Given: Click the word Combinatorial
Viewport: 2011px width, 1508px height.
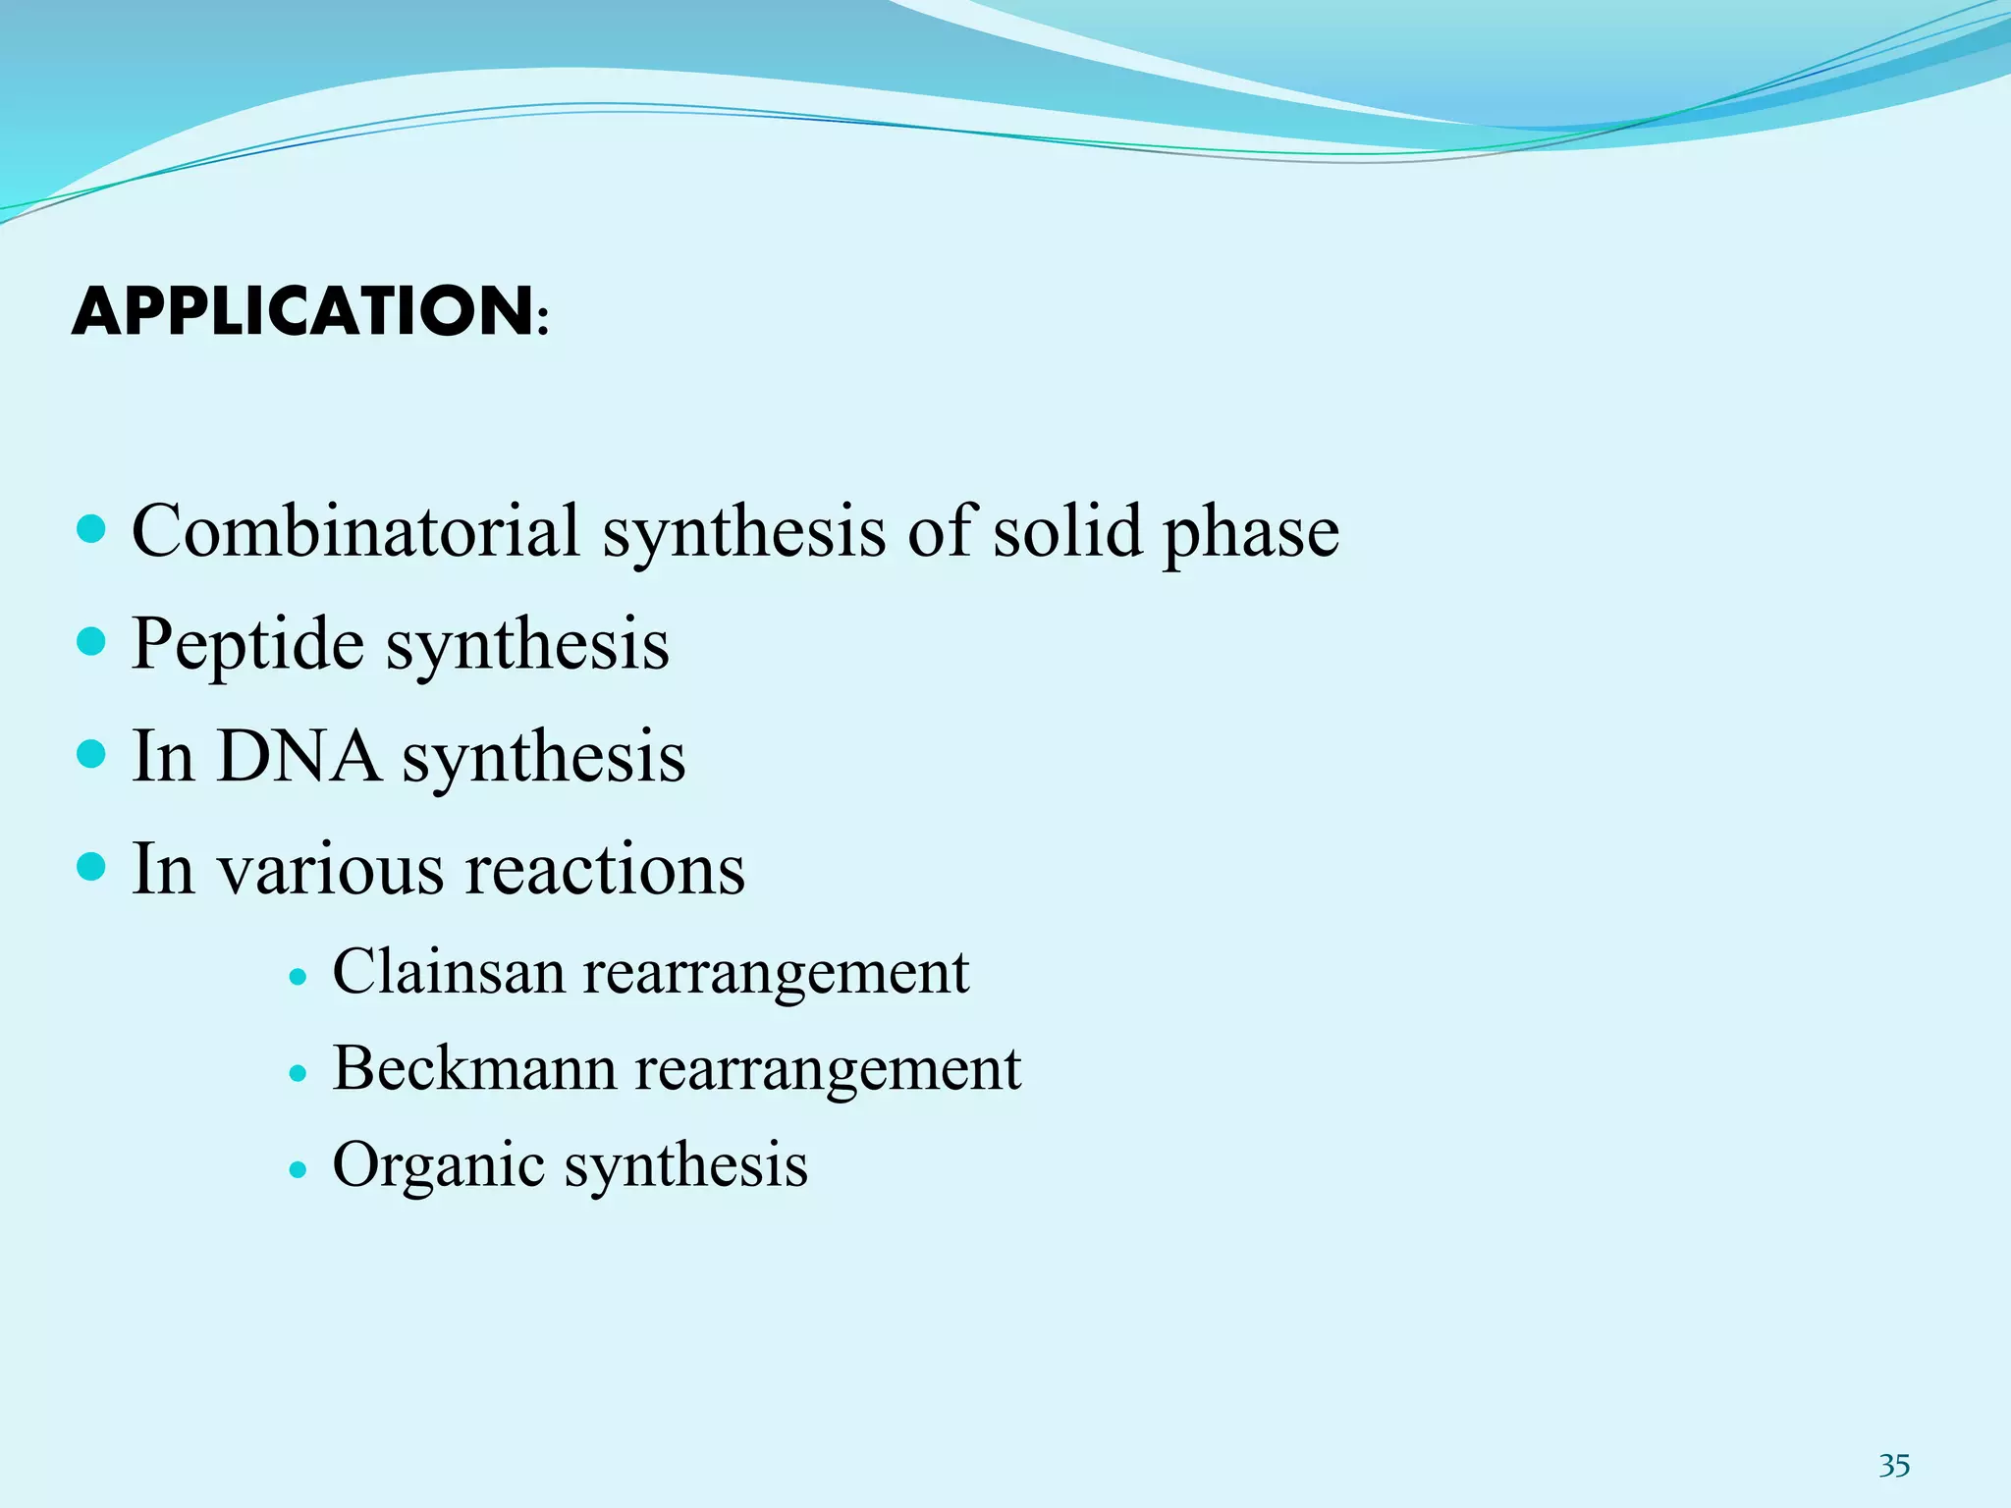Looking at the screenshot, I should (x=355, y=531).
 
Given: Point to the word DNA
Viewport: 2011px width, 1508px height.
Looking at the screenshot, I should (x=299, y=756).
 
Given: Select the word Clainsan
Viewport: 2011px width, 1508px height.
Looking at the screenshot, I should (x=450, y=972).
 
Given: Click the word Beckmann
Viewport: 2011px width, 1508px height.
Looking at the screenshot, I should (x=474, y=1068).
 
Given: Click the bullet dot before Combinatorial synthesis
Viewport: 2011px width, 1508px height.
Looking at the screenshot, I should (x=90, y=531).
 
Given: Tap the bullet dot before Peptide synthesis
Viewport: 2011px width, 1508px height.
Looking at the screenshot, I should (x=90, y=643).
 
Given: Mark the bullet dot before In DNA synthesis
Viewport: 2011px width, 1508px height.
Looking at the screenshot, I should (x=90, y=755).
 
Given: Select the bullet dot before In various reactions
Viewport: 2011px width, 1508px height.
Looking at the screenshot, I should (x=90, y=868).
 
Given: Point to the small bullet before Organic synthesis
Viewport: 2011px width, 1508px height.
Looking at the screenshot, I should (x=299, y=1170).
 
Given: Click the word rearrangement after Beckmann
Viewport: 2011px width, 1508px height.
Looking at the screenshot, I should (x=828, y=1070).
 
